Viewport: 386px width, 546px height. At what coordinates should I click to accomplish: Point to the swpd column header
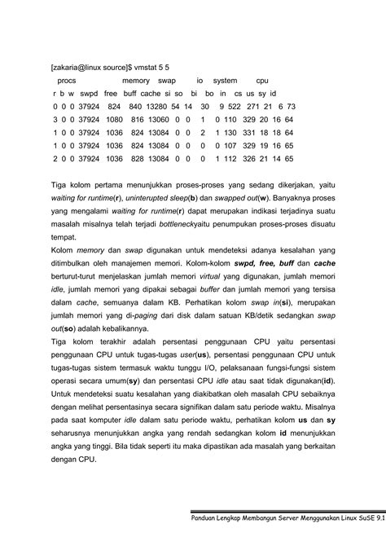[x=89, y=94]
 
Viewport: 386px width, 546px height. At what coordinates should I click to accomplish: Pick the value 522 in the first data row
[x=233, y=107]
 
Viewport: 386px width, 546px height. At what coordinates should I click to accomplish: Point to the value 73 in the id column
[x=291, y=107]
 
